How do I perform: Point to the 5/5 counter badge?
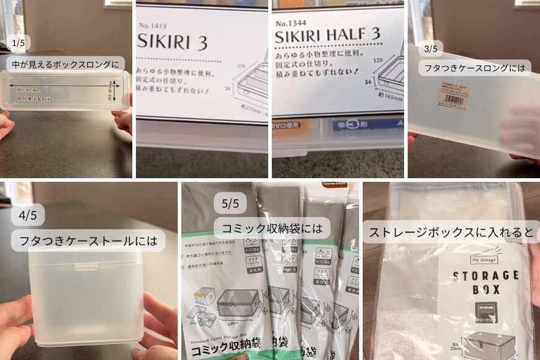tap(230, 203)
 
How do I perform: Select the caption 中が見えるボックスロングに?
tap(65, 64)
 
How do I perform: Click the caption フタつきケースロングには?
tap(475, 67)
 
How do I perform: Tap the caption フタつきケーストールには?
tap(88, 240)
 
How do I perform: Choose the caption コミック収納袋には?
tap(269, 228)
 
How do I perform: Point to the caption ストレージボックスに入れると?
tap(451, 233)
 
